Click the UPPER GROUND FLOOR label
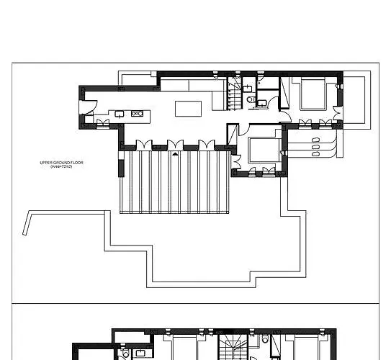tap(62, 163)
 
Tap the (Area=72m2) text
tap(62, 166)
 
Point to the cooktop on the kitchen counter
tap(138, 113)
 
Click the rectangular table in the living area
tap(189, 109)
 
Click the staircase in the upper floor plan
tap(236, 94)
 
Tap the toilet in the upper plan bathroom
tap(250, 101)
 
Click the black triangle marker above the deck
tap(175, 153)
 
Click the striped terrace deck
tap(174, 183)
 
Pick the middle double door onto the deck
tap(175, 144)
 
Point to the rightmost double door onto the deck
tap(207, 144)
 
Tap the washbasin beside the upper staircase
tap(248, 87)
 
